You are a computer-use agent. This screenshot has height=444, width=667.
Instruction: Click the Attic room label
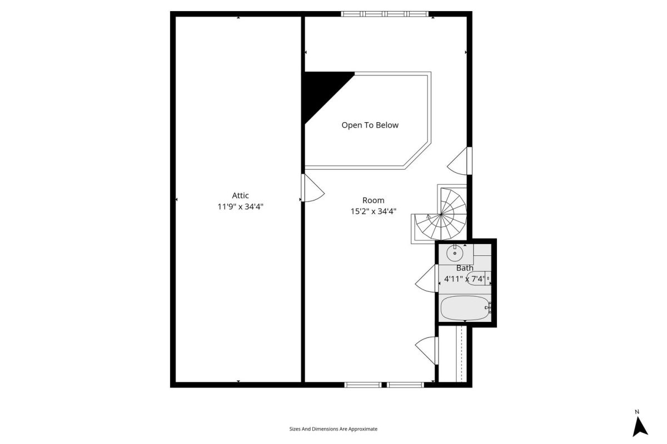click(x=240, y=196)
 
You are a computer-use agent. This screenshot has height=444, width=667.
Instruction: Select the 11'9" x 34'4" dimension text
click(x=240, y=206)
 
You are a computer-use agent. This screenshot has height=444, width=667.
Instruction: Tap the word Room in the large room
click(x=373, y=200)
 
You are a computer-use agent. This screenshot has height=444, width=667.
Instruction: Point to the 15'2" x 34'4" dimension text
click(x=373, y=211)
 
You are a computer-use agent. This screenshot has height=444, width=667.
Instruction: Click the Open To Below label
click(x=370, y=125)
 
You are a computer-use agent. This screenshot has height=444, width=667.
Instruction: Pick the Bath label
click(x=465, y=268)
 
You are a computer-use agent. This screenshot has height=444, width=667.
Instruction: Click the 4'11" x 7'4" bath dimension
click(x=465, y=279)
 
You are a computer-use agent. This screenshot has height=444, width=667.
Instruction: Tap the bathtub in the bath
click(x=466, y=308)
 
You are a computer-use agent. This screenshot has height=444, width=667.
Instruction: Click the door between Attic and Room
click(x=312, y=188)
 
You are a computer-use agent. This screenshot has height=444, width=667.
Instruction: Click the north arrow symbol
click(x=640, y=427)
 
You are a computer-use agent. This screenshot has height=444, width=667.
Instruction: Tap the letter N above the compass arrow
click(x=637, y=412)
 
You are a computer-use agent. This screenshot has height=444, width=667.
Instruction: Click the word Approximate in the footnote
click(x=362, y=429)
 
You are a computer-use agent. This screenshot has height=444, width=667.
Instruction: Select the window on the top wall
click(x=385, y=14)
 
